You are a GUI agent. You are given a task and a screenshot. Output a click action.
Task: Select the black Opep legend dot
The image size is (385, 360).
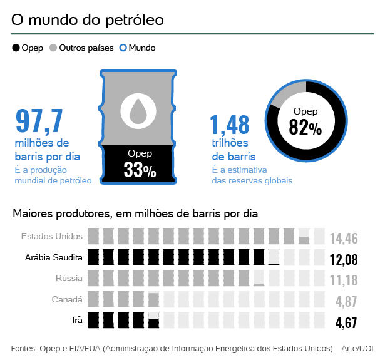click(16, 48)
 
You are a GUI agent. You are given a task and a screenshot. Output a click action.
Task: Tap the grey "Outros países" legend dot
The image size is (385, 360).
click(53, 48)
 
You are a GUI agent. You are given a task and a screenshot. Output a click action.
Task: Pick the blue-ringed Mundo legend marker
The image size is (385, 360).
click(123, 48)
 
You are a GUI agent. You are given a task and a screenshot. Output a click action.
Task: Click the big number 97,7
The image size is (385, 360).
click(40, 121)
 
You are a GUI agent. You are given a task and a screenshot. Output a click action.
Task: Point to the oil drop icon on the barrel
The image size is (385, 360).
click(138, 110)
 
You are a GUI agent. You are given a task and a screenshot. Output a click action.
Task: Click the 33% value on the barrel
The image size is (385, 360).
click(140, 170)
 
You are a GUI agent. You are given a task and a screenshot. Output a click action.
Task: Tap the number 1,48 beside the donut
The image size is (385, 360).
click(230, 125)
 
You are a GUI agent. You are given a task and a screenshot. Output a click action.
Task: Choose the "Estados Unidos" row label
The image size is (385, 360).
click(51, 237)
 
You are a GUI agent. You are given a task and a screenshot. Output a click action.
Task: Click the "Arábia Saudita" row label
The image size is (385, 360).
click(54, 258)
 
